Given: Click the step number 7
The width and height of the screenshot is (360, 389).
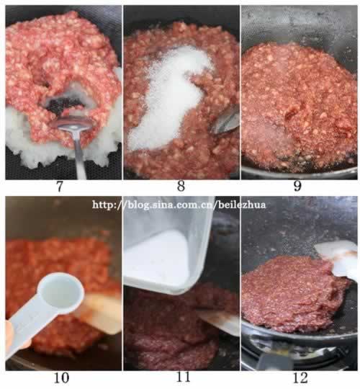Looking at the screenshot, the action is pyautogui.click(x=60, y=186).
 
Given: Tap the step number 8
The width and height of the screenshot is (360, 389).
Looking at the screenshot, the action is pyautogui.click(x=181, y=186).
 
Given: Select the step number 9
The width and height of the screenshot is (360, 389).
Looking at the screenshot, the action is pyautogui.click(x=297, y=186).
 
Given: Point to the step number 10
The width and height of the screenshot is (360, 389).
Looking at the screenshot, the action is pyautogui.click(x=61, y=378).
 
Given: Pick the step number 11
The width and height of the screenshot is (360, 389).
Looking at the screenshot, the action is pyautogui.click(x=183, y=377).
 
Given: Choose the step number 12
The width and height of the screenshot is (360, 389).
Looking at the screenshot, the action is pyautogui.click(x=300, y=378).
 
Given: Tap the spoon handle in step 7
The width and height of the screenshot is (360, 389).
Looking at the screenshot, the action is pyautogui.click(x=80, y=155).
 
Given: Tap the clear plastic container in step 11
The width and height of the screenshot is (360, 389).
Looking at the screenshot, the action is pyautogui.click(x=168, y=246).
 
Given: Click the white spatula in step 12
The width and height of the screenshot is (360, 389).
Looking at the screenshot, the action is pyautogui.click(x=336, y=258).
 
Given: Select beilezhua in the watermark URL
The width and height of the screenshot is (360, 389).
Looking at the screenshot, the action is pyautogui.click(x=242, y=205).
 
